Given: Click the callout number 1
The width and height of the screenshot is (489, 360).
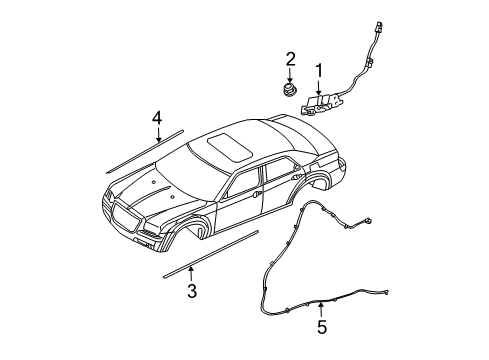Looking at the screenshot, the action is pyautogui.click(x=319, y=70).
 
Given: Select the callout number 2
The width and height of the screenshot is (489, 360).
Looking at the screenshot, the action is pyautogui.click(x=290, y=59).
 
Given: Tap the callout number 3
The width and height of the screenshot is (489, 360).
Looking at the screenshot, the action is pyautogui.click(x=191, y=291).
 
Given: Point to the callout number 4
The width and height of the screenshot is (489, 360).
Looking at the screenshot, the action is pyautogui.click(x=157, y=119).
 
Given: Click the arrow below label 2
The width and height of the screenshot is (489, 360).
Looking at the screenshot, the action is pyautogui.click(x=290, y=77).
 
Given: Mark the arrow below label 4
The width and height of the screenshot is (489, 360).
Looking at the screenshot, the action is pyautogui.click(x=157, y=136).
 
